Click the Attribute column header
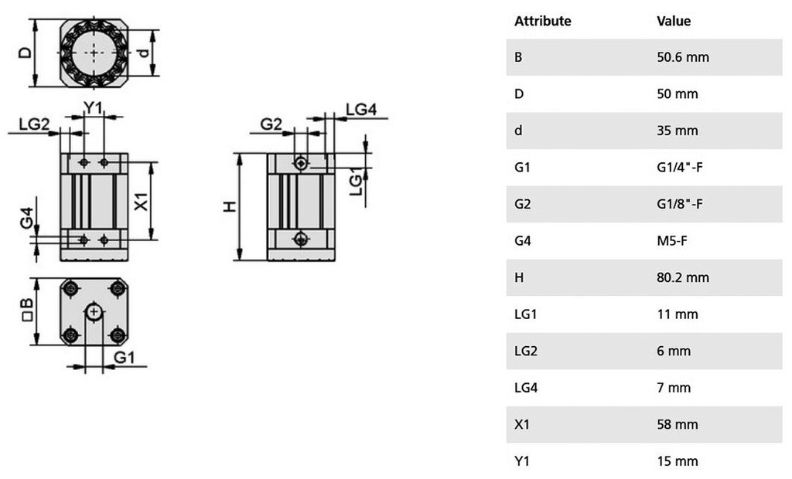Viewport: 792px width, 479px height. (542, 21)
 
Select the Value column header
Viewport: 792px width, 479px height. (674, 21)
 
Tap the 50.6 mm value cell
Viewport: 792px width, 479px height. (682, 57)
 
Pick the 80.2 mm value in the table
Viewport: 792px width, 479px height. (682, 277)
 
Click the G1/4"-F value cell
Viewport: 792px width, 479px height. (679, 167)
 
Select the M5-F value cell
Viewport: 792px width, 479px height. (672, 241)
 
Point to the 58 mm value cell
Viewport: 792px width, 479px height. (678, 424)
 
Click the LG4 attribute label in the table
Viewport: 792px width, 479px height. (526, 388)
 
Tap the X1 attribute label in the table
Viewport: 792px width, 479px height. (522, 424)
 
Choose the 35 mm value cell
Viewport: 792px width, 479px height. (678, 131)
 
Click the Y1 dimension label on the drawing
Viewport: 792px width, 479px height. (93, 107)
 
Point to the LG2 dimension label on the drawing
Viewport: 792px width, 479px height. (34, 124)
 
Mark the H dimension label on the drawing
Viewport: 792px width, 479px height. (230, 206)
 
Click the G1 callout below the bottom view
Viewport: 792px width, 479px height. (125, 358)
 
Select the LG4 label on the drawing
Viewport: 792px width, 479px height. (361, 110)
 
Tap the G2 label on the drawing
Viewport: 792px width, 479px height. (271, 124)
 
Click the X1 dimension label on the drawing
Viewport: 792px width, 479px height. (142, 201)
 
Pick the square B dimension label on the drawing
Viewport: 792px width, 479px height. (28, 310)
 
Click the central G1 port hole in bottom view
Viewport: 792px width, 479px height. (94, 312)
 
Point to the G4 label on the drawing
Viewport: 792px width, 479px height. (27, 218)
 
